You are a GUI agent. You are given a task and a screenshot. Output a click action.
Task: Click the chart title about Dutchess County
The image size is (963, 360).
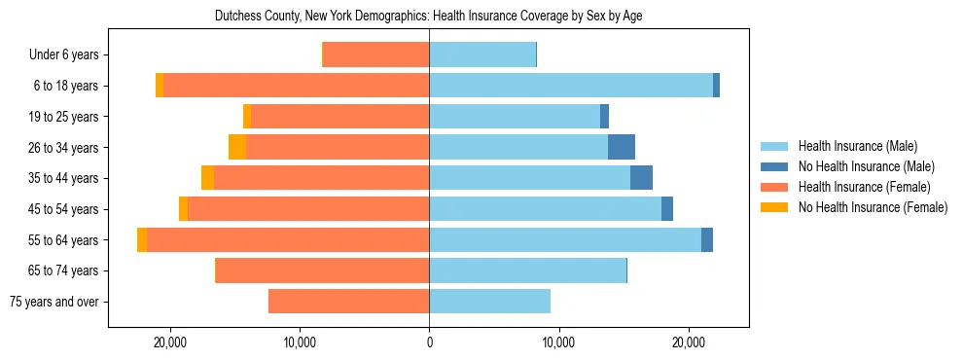tap(428, 16)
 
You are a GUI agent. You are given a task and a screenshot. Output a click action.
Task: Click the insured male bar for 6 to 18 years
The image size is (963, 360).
tap(571, 86)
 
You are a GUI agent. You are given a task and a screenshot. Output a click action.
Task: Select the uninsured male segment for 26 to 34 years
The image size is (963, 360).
tap(622, 147)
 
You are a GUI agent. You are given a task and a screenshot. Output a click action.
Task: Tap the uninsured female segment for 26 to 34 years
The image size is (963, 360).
tap(237, 147)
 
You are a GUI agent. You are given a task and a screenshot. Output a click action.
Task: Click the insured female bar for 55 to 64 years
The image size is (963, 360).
tap(288, 239)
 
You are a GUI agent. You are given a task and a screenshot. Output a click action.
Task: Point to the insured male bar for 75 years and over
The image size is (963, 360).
tap(489, 302)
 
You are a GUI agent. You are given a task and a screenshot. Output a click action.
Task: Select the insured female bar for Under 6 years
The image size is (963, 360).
tap(375, 55)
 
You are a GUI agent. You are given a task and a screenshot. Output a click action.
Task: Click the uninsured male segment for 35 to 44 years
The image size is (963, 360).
tap(641, 178)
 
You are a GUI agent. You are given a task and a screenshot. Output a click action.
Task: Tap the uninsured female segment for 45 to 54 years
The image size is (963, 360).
tap(183, 209)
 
